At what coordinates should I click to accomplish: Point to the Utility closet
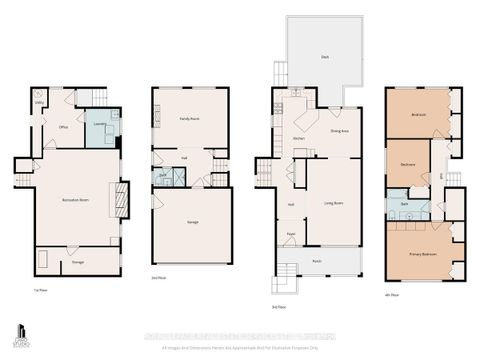pos(39,103)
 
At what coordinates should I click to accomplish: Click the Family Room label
pos(190,119)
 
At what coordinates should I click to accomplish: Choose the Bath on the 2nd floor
pos(162,176)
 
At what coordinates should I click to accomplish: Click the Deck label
pos(325,57)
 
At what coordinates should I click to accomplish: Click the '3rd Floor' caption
pos(279,307)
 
